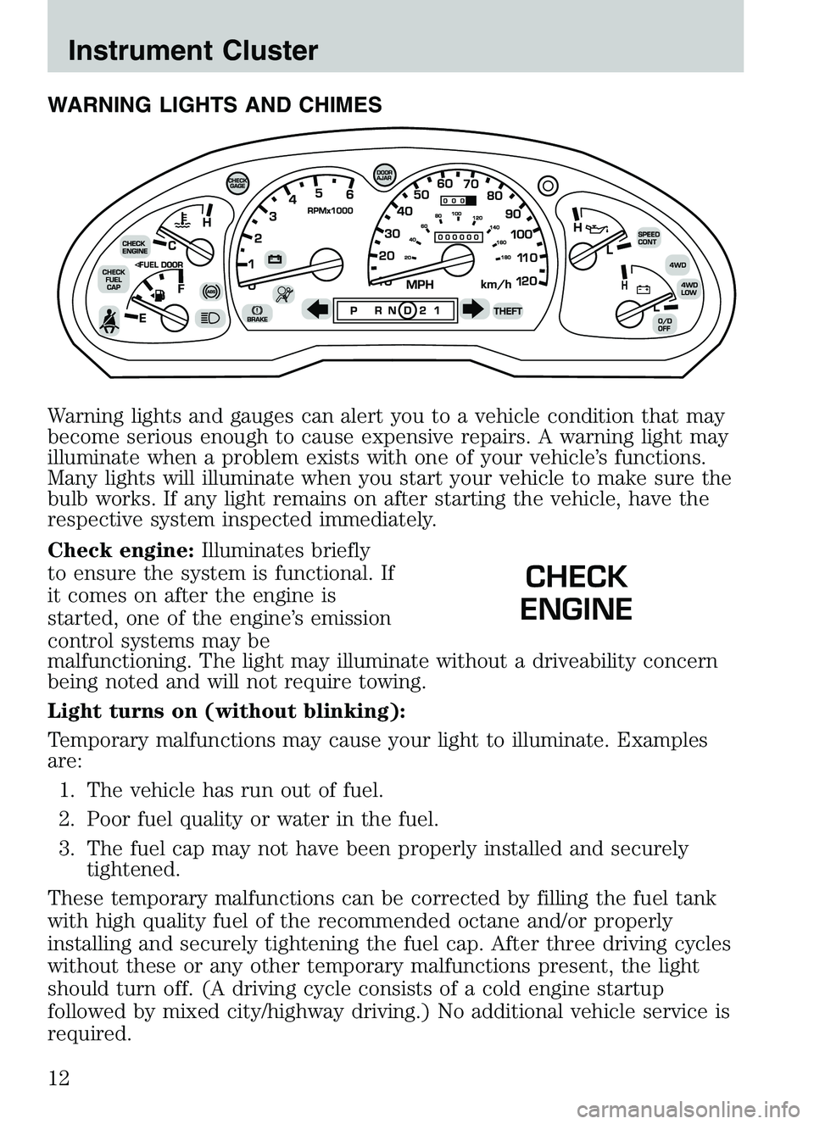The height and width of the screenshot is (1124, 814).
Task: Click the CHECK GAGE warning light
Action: point(239,183)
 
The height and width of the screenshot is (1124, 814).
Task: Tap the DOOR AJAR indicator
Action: point(384,175)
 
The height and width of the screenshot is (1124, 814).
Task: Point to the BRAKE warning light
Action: point(257,314)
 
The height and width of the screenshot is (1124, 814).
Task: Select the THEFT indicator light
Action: point(509,311)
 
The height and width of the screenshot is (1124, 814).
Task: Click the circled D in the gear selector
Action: point(408,310)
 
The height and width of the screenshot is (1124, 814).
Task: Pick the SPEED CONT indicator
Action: point(649,238)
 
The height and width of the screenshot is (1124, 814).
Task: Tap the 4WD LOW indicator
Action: point(689,289)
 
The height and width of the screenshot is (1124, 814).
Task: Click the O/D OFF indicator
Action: point(665,325)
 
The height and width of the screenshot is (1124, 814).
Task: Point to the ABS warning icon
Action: point(211,291)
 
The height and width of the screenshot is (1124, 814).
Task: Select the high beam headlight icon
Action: point(209,318)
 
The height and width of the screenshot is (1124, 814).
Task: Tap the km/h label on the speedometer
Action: point(497,286)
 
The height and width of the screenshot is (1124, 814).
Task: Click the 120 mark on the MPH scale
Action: point(527,281)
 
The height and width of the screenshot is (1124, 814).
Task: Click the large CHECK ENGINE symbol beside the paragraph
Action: point(576,593)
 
